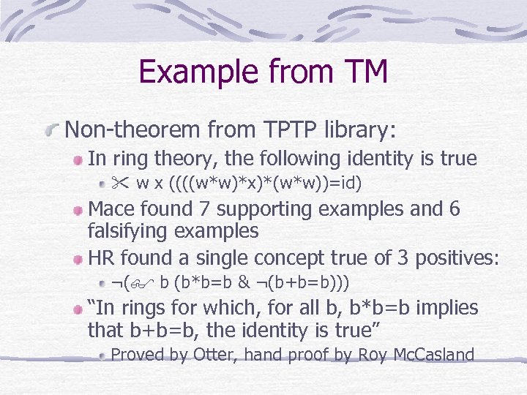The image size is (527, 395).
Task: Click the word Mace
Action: pos(111,208)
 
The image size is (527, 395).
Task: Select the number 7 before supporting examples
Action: pos(206,208)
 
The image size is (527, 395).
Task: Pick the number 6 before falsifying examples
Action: pos(455,208)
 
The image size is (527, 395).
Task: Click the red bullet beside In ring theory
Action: pos(76,159)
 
